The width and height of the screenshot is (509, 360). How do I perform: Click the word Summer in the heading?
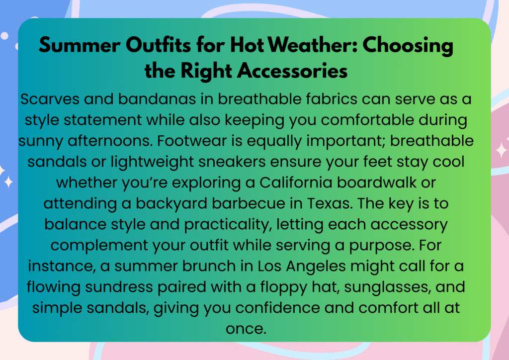point(80,45)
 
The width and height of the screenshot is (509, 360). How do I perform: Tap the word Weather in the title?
point(312,45)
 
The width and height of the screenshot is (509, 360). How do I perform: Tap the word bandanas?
point(157,98)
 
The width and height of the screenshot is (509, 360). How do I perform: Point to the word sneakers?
point(232,162)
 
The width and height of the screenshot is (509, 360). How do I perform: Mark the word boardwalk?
point(377,182)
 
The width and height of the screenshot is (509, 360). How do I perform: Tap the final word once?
point(246,329)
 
